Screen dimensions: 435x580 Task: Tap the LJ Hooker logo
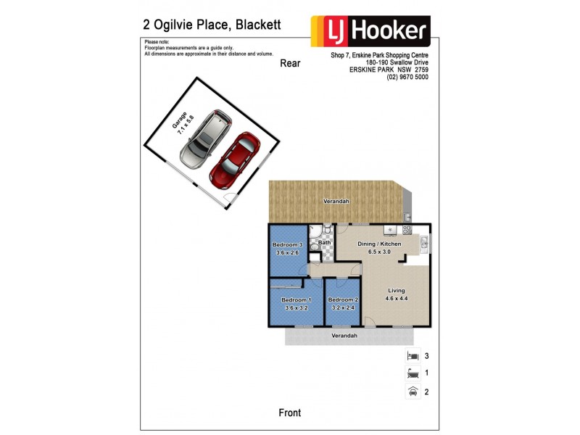(x=370, y=31)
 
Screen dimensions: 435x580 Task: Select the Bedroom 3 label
(x=287, y=245)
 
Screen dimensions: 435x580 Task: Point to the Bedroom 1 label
(x=296, y=300)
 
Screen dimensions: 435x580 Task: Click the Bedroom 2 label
(x=341, y=300)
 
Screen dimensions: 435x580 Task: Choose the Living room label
(x=397, y=289)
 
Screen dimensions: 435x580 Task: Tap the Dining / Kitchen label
(x=379, y=244)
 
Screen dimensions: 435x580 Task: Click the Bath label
(x=324, y=242)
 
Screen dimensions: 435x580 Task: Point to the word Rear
(x=290, y=63)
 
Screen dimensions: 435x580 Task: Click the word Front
(x=290, y=413)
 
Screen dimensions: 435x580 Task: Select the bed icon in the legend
(x=413, y=356)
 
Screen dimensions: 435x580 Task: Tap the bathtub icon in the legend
(x=413, y=374)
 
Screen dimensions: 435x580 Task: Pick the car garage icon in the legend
(x=413, y=391)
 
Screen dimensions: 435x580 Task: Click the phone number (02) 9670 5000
(x=407, y=78)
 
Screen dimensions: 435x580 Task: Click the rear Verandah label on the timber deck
(x=336, y=201)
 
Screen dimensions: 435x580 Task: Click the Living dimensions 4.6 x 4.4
(x=397, y=297)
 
